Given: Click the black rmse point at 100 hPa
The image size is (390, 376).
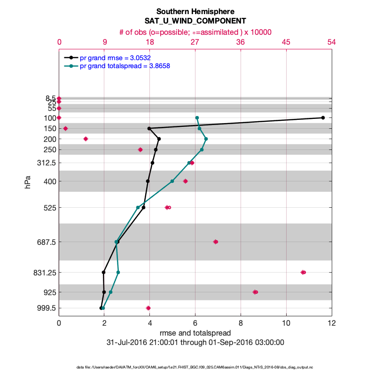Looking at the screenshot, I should pos(323,117).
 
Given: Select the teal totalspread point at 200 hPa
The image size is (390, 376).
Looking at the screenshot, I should pos(206,139).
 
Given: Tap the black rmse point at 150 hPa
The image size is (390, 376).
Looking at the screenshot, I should pos(149,128).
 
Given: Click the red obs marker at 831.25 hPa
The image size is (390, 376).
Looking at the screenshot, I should pos(303,272).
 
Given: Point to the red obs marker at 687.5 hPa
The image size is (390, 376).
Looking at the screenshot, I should pos(216,242).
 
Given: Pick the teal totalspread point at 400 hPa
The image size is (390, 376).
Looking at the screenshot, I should pos(172,181).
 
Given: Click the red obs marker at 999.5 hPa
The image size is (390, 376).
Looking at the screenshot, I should pos(148,308).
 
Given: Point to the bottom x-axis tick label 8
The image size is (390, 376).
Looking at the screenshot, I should pos(241,323).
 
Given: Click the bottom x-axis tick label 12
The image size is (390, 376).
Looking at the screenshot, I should pos(332,323).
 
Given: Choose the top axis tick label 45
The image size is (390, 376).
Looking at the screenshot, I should pos(286,42).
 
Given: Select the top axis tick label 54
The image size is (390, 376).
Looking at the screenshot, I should pos(332,42).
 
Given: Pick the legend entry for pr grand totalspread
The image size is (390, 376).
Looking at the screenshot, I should pos(125,66).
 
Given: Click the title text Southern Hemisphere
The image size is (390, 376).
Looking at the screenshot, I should pos(195,11).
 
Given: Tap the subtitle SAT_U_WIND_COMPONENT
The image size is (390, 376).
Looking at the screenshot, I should pos(195,21).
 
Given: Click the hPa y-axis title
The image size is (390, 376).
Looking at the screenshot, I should pos(28,182).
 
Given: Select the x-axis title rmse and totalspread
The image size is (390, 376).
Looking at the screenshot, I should pos(195,333).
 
